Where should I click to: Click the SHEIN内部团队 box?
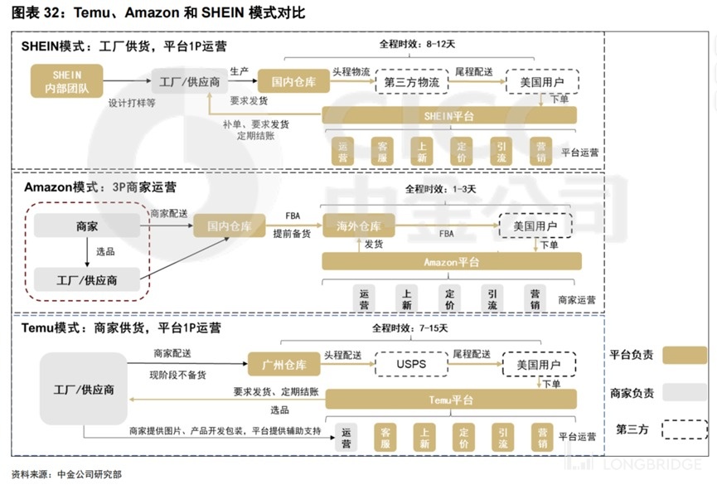(67, 81)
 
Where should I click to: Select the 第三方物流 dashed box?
(411, 82)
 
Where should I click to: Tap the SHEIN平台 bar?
(449, 116)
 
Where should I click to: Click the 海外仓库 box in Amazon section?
(358, 226)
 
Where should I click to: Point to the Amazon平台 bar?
(452, 262)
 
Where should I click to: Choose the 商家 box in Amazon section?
(87, 226)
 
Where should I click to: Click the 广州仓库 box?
(284, 364)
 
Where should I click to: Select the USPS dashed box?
(411, 364)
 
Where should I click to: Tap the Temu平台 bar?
(451, 400)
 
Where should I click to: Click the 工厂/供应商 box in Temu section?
(83, 389)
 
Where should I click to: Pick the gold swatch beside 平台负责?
(685, 355)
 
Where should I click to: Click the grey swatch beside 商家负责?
(685, 393)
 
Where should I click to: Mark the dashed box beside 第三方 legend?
(685, 429)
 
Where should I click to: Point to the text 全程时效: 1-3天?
(440, 189)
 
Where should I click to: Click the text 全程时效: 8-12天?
(417, 44)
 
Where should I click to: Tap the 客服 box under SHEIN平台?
(382, 152)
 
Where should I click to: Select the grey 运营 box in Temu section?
(346, 438)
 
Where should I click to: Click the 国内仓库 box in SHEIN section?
(293, 81)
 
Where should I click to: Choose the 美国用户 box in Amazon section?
(535, 226)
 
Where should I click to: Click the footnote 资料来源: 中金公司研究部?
(67, 474)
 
